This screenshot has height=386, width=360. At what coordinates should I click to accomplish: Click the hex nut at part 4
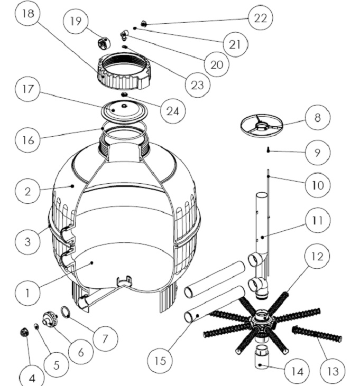pos(24,332)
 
